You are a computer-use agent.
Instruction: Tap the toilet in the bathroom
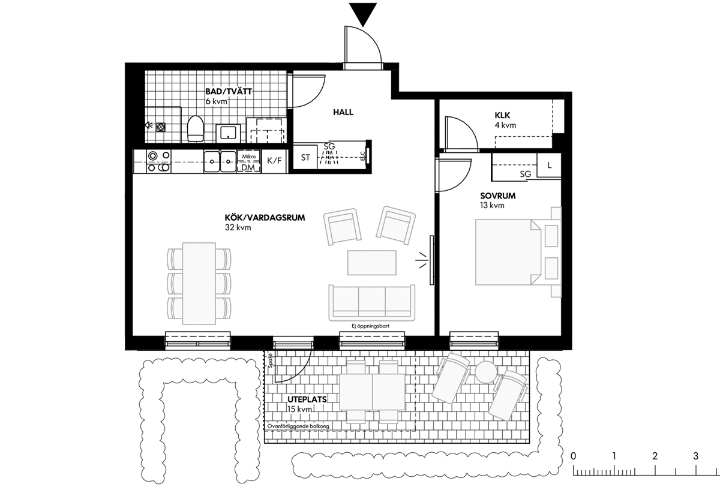[196, 128]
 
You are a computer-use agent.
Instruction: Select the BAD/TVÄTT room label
[229, 92]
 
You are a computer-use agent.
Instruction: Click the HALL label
[343, 112]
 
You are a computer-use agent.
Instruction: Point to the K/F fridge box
[274, 161]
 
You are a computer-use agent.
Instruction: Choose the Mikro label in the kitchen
[249, 157]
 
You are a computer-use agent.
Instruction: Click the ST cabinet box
[305, 158]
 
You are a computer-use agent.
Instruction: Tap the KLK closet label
[502, 115]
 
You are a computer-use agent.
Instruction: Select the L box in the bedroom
[549, 165]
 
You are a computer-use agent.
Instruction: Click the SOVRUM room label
[498, 196]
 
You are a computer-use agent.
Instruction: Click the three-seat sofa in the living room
[371, 303]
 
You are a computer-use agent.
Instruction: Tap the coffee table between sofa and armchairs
[371, 263]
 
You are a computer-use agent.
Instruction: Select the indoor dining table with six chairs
[199, 284]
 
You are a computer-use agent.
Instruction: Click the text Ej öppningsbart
[371, 326]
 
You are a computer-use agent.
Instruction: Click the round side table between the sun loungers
[486, 372]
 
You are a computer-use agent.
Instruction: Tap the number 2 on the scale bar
[655, 456]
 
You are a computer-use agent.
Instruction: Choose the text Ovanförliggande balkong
[298, 426]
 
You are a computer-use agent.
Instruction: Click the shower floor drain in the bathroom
[161, 127]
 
